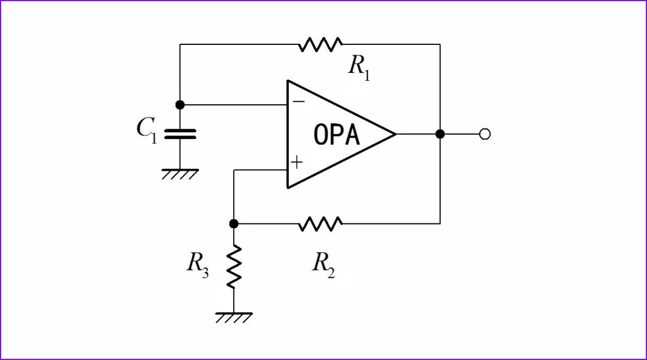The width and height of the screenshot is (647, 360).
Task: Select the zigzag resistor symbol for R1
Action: click(321, 44)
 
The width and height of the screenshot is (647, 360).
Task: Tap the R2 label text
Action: click(323, 264)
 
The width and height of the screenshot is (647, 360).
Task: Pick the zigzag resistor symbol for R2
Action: click(321, 224)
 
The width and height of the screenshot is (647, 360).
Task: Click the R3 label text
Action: click(198, 263)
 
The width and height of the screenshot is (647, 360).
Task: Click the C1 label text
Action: click(147, 129)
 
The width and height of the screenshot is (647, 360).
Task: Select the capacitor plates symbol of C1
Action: click(180, 134)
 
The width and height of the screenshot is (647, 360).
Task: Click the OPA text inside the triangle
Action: click(337, 135)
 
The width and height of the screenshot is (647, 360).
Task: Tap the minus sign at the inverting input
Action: click(298, 101)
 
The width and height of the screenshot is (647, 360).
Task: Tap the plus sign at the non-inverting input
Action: click(297, 162)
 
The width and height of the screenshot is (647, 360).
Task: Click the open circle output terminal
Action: click(485, 134)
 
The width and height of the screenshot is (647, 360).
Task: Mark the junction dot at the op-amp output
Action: click(440, 134)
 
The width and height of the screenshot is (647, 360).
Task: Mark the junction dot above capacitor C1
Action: click(180, 104)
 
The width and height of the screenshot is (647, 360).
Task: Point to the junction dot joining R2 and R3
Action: click(234, 223)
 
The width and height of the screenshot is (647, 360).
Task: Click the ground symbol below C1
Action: click(180, 174)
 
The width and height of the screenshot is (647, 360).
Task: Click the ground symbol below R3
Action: click(234, 317)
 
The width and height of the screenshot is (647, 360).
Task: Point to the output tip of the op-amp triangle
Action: click(395, 134)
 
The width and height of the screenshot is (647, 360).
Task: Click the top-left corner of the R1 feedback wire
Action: click(180, 44)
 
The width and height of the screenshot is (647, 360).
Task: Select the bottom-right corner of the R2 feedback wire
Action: click(440, 223)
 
